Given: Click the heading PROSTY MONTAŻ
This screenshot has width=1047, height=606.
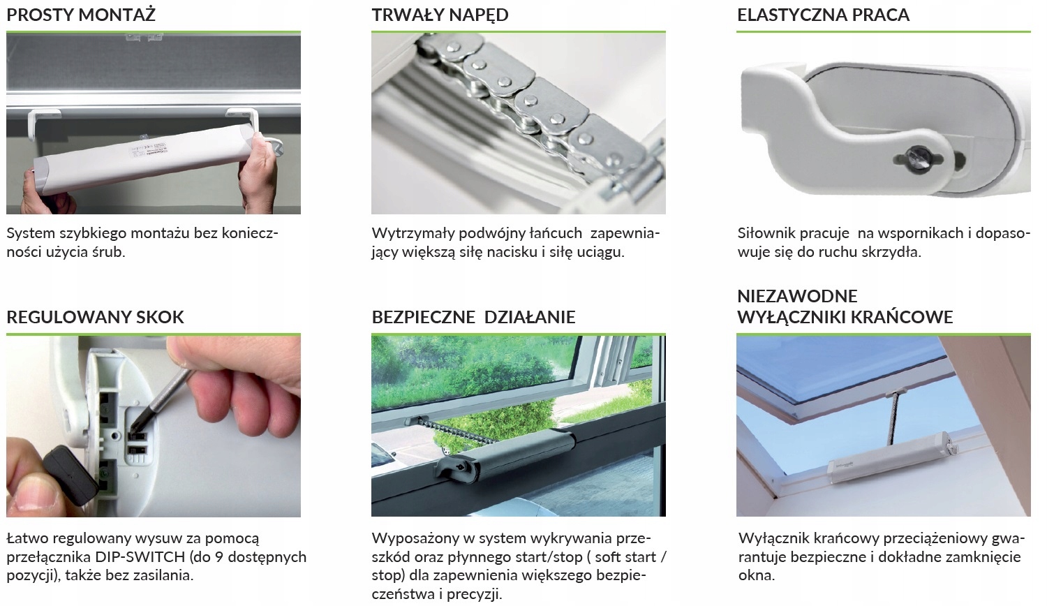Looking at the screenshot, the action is (x=81, y=15).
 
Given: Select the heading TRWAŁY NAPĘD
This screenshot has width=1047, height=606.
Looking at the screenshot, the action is (x=440, y=15).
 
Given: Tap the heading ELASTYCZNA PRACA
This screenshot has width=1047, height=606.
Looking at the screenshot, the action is (x=823, y=15).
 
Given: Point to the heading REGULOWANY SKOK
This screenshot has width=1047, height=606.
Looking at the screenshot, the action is (x=96, y=317).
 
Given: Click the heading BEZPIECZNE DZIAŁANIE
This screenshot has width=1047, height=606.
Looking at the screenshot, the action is (x=473, y=317).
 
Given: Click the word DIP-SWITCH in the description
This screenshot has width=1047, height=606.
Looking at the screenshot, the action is (x=140, y=557).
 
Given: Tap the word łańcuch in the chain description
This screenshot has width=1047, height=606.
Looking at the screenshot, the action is (x=556, y=233).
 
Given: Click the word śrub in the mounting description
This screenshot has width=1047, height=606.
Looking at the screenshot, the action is (x=112, y=252).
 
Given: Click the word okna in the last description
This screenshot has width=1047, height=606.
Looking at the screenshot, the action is (x=756, y=575).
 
